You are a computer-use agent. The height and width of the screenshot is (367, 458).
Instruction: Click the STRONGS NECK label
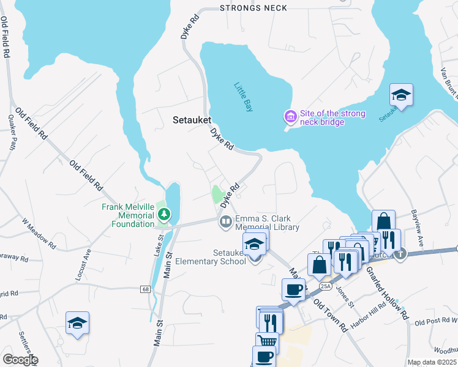(x=253, y=8)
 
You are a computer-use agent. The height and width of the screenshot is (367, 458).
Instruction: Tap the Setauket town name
(x=192, y=120)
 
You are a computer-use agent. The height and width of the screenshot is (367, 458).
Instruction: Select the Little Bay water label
(x=243, y=97)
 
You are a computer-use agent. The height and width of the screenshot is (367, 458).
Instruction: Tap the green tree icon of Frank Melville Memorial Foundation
(x=163, y=214)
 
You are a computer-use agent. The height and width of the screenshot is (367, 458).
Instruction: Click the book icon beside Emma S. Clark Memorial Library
(x=225, y=221)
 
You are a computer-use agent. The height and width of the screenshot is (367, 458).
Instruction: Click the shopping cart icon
(x=266, y=342)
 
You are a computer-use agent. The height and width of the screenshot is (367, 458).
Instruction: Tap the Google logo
(x=20, y=360)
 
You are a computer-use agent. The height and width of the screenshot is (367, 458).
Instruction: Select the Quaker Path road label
(x=11, y=132)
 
